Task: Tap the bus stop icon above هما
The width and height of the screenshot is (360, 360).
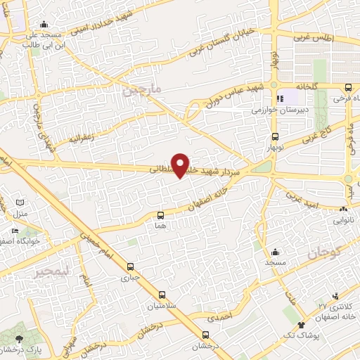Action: [161, 215]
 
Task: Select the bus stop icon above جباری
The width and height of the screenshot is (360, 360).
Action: [130, 266]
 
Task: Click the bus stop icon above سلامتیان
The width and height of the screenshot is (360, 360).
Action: [162, 295]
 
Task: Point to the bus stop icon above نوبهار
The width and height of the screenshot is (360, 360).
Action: [275, 137]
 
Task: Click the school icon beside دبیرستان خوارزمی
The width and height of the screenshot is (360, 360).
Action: [280, 99]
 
